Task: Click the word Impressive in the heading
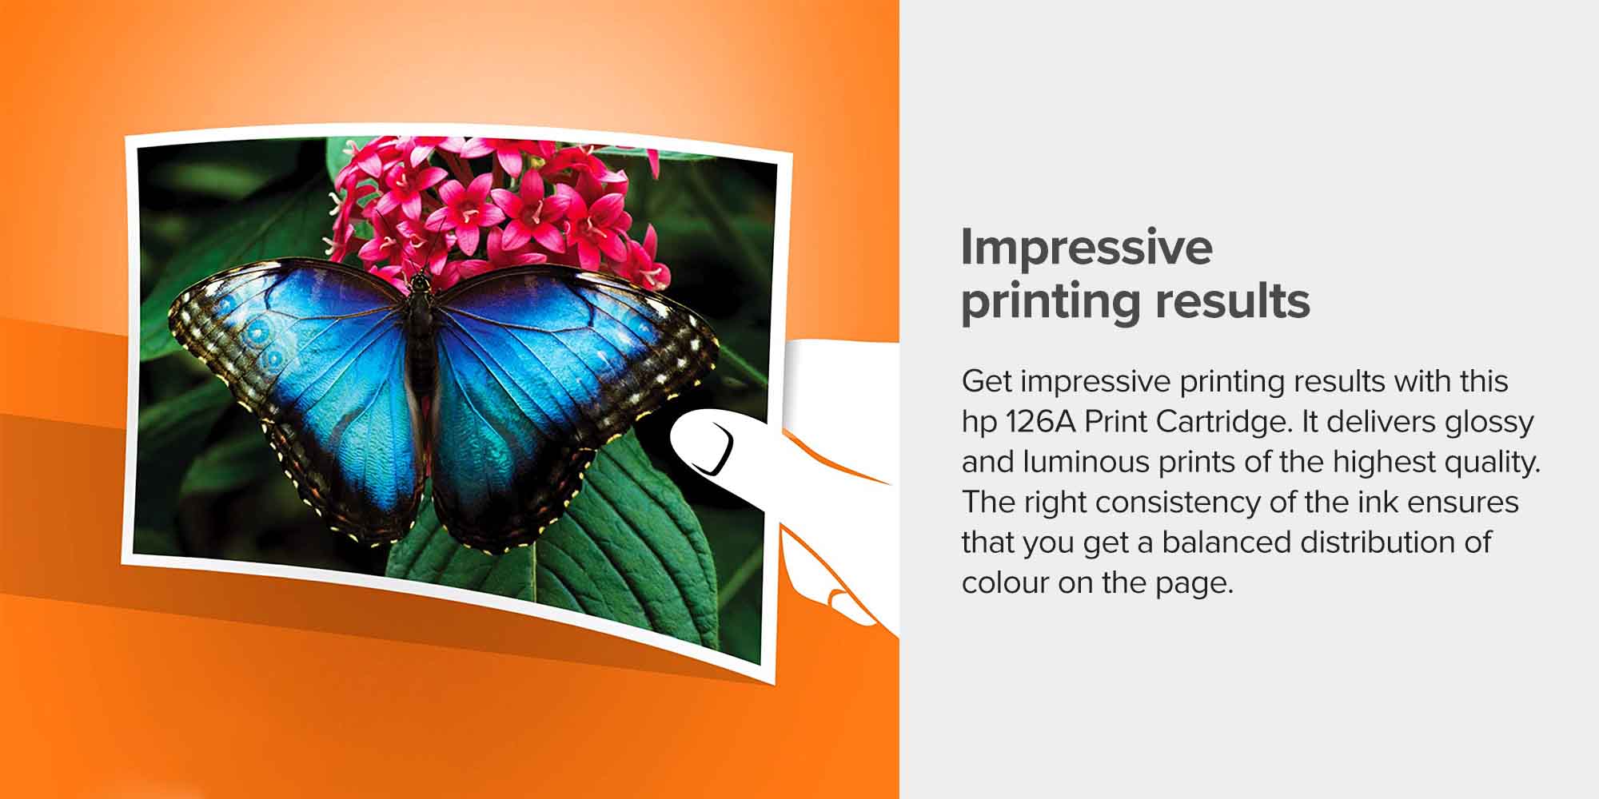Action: click(x=1087, y=248)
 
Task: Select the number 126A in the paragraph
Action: click(x=1041, y=422)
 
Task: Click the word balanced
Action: click(x=1227, y=543)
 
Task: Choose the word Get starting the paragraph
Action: click(x=987, y=382)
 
